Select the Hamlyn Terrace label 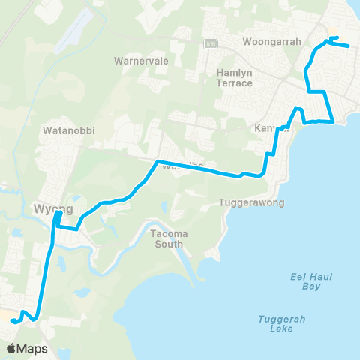pos(235,77)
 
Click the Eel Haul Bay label pos(306,281)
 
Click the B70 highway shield pos(211,43)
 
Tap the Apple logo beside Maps pos(12,348)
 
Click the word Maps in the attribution pos(33,348)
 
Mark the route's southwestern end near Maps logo pos(12,322)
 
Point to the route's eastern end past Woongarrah pos(349,46)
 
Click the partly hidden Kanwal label pos(267,128)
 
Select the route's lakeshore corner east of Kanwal pos(332,121)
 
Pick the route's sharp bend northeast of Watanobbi pos(156,161)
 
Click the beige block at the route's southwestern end pos(6,317)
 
